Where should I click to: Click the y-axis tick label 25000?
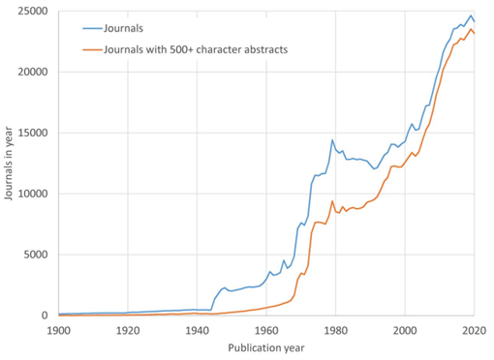(x=35, y=11)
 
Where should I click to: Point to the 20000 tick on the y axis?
(x=35, y=72)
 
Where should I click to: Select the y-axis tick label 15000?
(x=35, y=133)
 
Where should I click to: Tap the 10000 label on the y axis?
(x=35, y=194)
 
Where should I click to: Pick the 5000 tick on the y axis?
(x=38, y=255)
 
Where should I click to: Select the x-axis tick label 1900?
(x=58, y=330)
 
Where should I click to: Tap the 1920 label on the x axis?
(x=127, y=330)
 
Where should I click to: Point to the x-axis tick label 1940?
(x=197, y=330)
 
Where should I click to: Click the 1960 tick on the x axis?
(x=266, y=330)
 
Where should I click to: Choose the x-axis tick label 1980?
(x=335, y=330)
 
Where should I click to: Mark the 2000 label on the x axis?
(x=405, y=330)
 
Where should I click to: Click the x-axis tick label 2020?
(x=474, y=330)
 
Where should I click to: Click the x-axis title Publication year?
(x=266, y=346)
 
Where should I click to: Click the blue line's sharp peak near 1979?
(x=332, y=139)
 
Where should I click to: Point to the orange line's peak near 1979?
(x=332, y=201)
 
